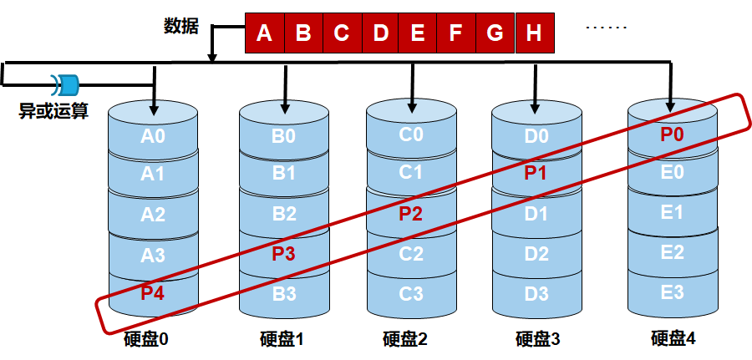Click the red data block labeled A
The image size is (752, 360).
tap(265, 33)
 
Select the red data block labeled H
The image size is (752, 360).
tap(535, 33)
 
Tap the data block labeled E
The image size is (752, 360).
tap(418, 33)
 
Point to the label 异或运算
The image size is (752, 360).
tap(53, 110)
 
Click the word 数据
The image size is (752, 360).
tap(180, 27)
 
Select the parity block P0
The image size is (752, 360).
tap(672, 134)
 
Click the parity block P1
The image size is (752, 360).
tap(536, 174)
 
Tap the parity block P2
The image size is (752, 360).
tap(411, 213)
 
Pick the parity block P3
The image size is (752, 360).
tap(284, 252)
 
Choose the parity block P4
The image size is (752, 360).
tap(153, 292)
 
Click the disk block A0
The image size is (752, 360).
tap(153, 135)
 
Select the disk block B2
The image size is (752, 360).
tap(284, 213)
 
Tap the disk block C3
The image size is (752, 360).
tap(411, 292)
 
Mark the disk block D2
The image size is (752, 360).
tap(536, 253)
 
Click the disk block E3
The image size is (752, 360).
tap(672, 292)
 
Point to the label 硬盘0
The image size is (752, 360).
tap(146, 339)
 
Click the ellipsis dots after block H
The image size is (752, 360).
tap(606, 28)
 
